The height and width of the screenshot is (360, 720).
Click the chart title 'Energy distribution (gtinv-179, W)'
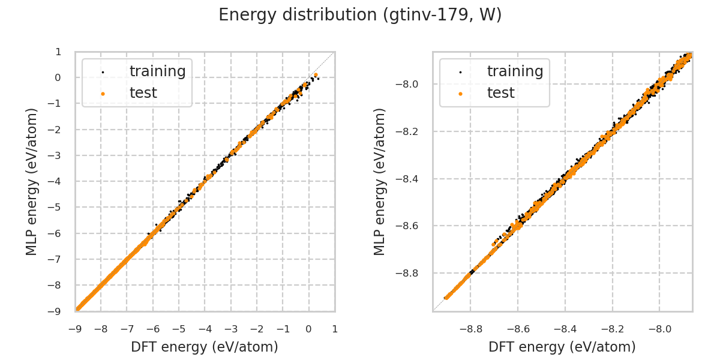[360, 15]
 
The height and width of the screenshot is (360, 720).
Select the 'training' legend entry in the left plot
[157, 71]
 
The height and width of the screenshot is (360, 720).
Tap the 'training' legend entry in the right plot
[515, 71]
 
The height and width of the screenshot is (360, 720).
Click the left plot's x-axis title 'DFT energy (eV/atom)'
[205, 347]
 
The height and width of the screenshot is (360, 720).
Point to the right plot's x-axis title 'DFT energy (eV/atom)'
[562, 347]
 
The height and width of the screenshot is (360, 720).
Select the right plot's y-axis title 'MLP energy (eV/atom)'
[380, 181]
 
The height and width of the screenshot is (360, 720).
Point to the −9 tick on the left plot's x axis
[75, 329]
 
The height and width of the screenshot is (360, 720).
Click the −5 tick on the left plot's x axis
[179, 329]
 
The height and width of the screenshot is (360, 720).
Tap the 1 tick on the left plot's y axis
[58, 52]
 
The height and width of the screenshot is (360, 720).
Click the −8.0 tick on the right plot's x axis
[659, 329]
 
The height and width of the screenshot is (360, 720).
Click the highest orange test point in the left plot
[316, 75]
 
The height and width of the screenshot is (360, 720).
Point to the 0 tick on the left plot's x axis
[308, 329]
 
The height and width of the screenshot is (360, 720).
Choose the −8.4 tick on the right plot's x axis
[565, 329]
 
